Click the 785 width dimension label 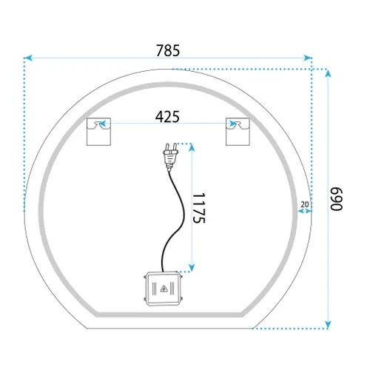[x=168, y=50]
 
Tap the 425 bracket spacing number [x=167, y=117]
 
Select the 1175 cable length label [x=199, y=208]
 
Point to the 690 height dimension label [x=336, y=199]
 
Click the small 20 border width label [x=305, y=204]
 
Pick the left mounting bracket [x=98, y=132]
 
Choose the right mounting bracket [x=238, y=132]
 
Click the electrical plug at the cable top [x=170, y=157]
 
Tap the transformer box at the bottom [x=163, y=289]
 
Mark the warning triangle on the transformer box [x=164, y=289]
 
